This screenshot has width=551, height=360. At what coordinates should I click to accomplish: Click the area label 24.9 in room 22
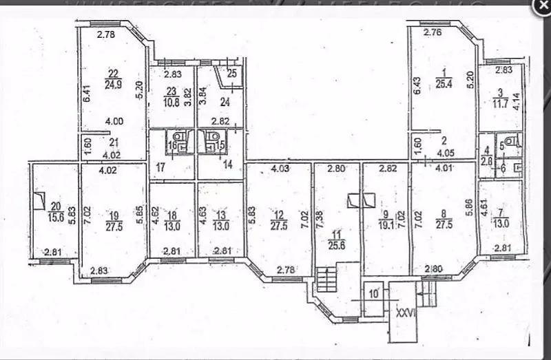point(114,86)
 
